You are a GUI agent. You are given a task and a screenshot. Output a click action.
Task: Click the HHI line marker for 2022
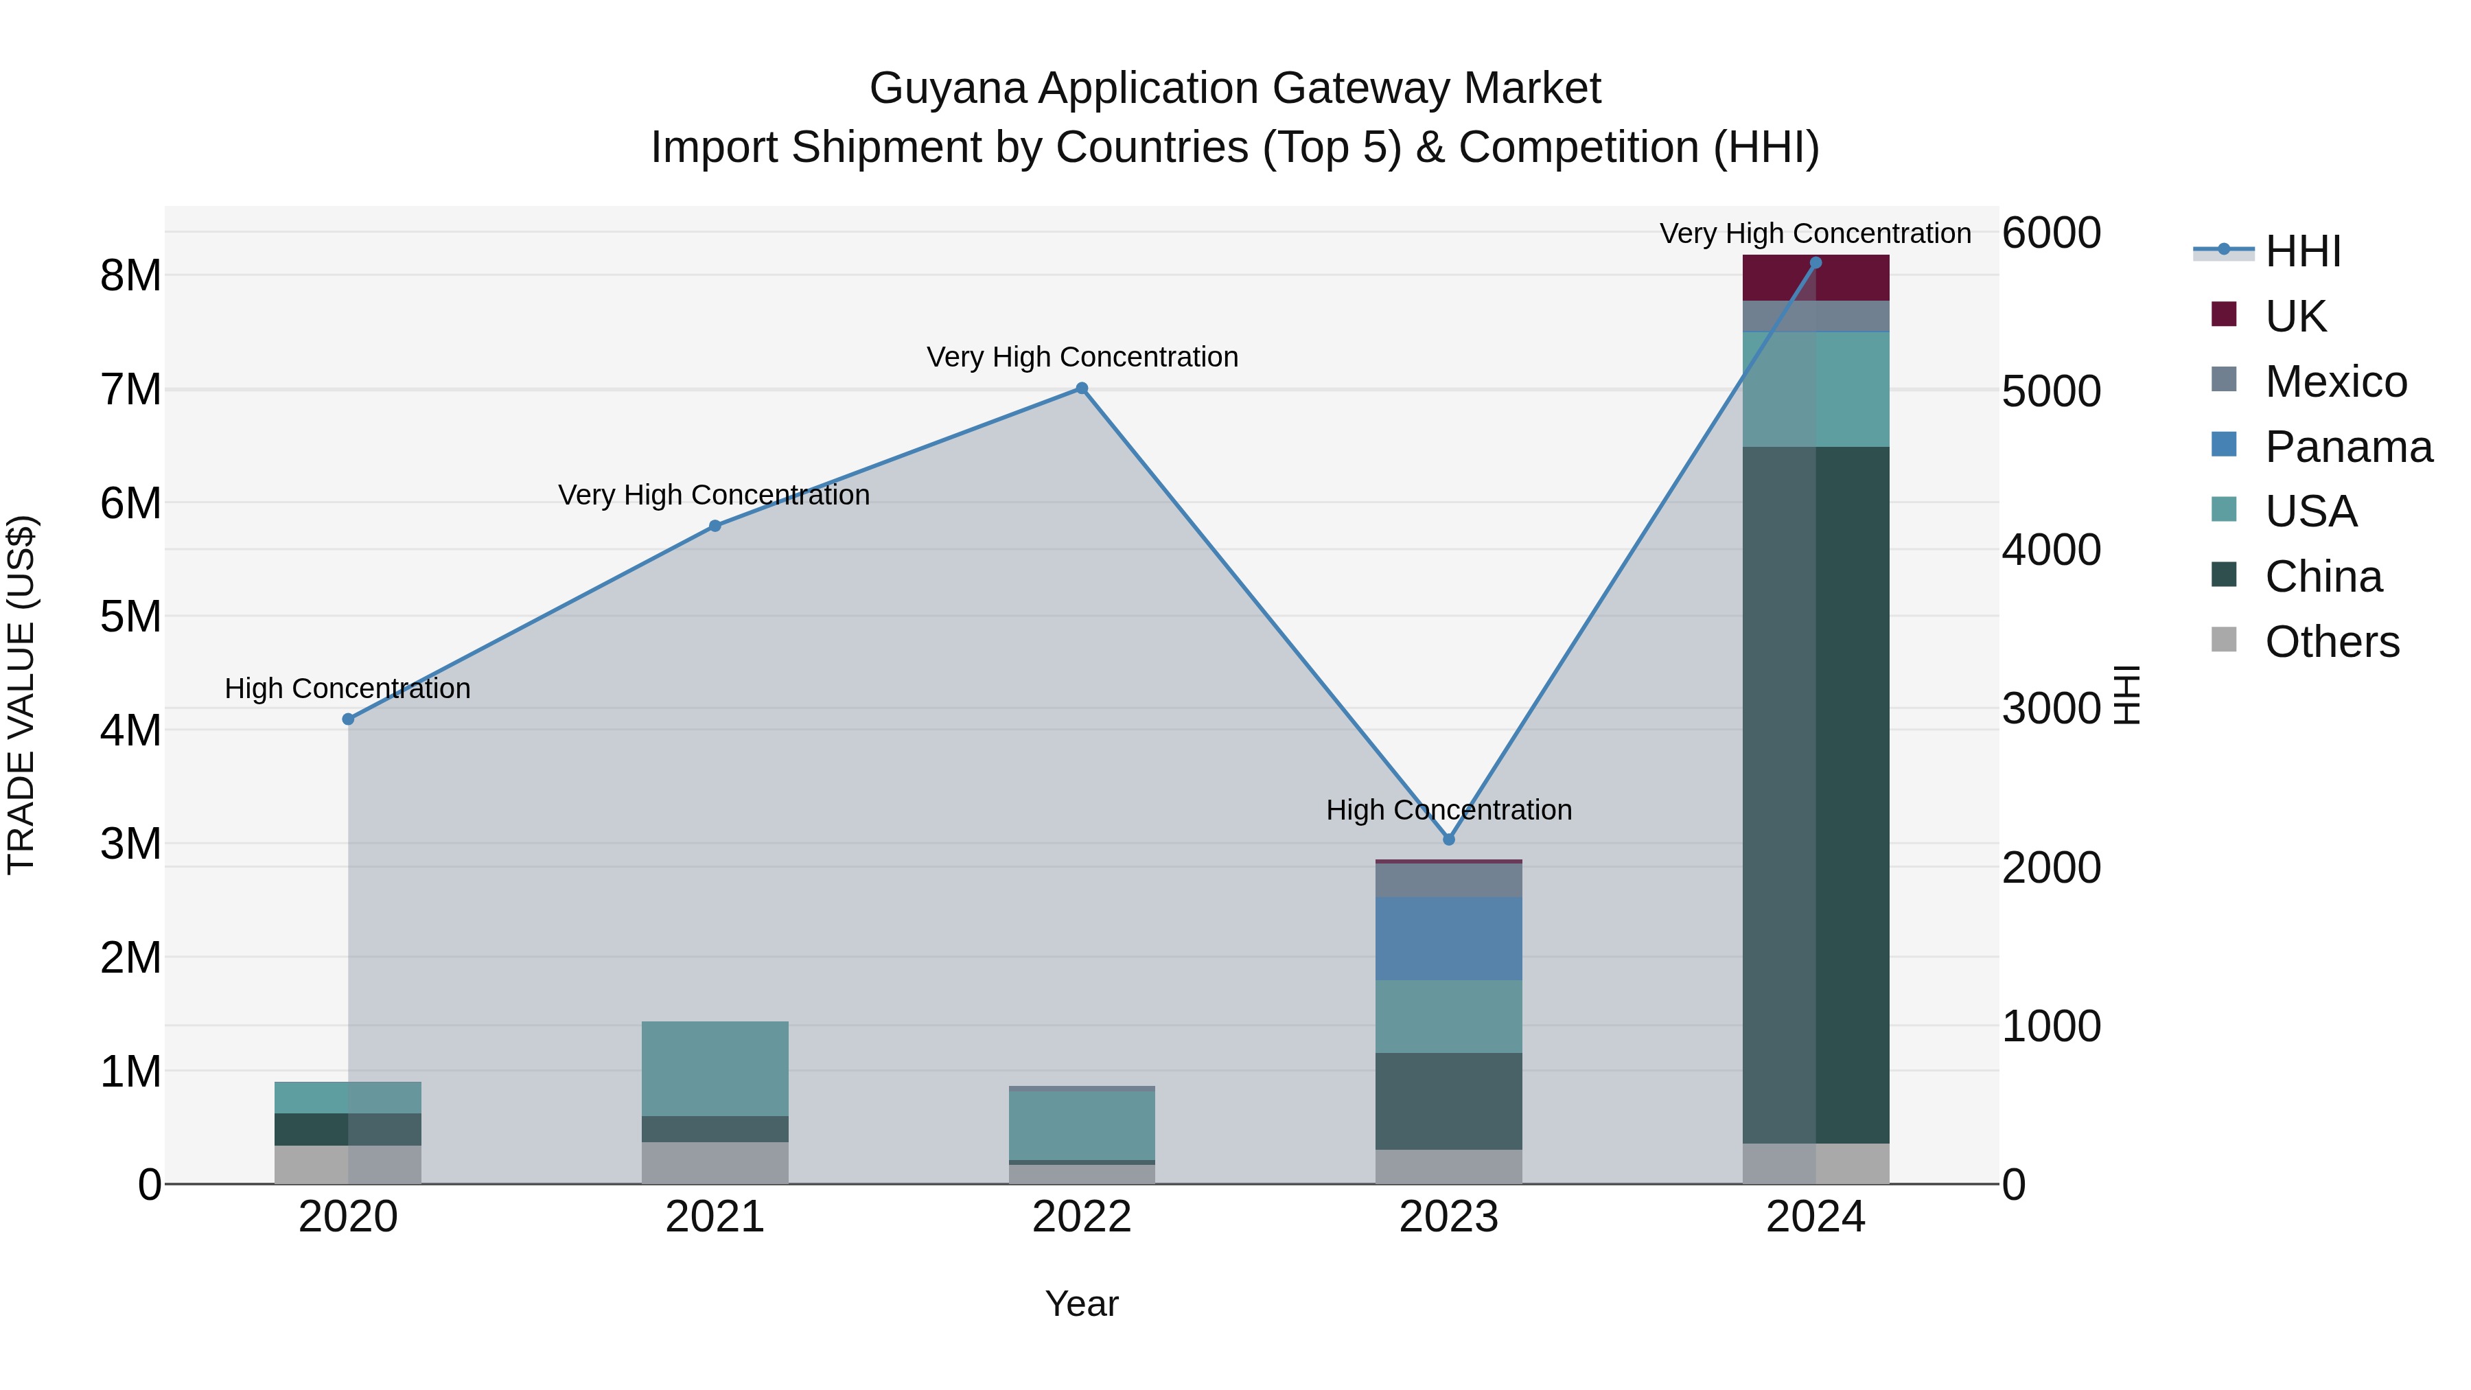point(1081,389)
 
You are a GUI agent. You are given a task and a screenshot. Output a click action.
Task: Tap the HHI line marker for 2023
point(1448,839)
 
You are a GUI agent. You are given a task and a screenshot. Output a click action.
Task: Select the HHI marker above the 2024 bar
point(1815,263)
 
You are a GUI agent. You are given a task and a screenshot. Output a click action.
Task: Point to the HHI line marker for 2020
point(348,719)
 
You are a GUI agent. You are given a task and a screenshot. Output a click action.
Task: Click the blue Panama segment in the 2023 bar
point(1448,938)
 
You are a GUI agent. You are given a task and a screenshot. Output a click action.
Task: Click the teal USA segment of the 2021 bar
point(715,1067)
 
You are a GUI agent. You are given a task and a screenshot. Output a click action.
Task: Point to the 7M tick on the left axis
point(130,389)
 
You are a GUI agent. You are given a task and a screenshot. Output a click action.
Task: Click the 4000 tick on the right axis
point(2052,550)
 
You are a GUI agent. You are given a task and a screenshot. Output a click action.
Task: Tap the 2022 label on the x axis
point(1081,1217)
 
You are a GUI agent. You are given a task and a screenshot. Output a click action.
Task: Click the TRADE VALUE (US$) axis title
point(22,695)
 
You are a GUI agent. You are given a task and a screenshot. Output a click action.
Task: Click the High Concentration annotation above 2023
point(1448,810)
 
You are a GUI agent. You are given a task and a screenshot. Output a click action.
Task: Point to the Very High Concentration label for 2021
point(714,495)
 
